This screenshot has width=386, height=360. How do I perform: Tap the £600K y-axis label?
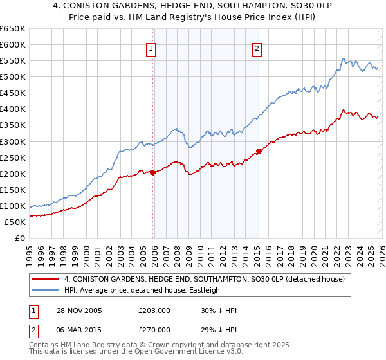coord(13,44)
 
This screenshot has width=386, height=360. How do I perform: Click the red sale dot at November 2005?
coord(153,172)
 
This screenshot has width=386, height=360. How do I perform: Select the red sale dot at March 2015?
coord(259,151)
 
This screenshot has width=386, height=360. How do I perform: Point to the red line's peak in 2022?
coord(343,110)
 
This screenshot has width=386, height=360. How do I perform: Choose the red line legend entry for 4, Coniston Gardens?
coord(205,279)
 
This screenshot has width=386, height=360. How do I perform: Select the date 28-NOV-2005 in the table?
coord(75,310)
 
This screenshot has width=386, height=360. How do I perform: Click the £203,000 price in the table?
coord(154,310)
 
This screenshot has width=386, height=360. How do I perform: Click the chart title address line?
coord(193,6)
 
